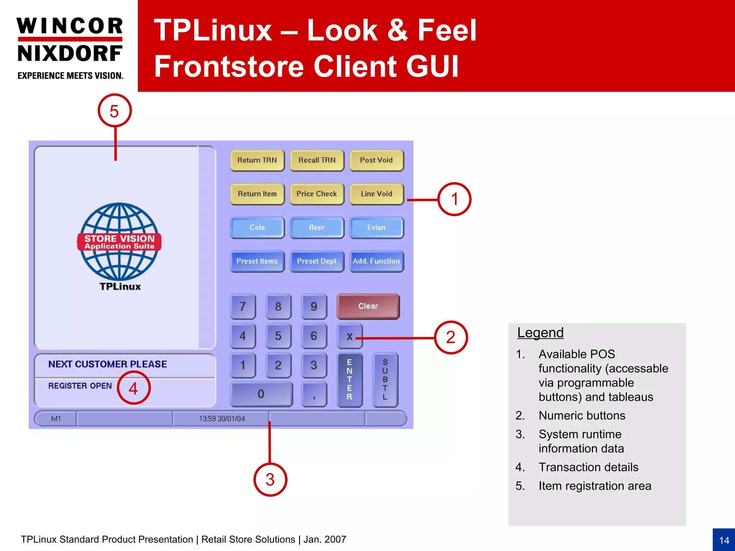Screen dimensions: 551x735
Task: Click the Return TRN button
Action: click(257, 160)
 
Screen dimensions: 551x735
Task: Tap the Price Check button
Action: click(317, 194)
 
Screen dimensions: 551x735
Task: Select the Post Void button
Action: click(376, 160)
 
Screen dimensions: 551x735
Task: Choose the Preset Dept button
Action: click(317, 261)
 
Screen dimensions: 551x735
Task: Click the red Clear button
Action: click(368, 306)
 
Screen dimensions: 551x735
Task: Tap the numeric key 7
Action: click(243, 306)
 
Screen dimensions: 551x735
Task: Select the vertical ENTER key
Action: click(350, 380)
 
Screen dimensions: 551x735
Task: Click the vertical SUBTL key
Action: click(385, 380)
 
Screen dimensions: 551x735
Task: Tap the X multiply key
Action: click(350, 336)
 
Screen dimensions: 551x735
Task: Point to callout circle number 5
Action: click(114, 111)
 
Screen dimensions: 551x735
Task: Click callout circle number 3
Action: click(270, 480)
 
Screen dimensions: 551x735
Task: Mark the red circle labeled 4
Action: click(134, 388)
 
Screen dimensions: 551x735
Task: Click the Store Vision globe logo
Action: click(119, 242)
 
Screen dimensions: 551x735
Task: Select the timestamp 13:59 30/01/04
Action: click(222, 419)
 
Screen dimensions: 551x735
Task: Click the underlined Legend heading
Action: click(540, 333)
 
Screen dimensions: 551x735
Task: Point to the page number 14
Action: click(724, 540)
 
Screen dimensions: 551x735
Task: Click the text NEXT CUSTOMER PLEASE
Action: click(108, 364)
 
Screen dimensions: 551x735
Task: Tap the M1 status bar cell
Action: click(56, 419)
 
